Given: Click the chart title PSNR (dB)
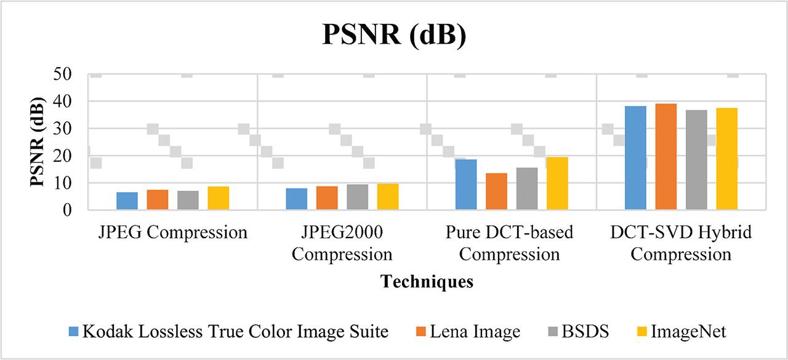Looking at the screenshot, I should point(395,35).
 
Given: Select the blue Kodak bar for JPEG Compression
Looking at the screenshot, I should point(127,201).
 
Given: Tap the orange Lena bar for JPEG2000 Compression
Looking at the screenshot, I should point(327,198).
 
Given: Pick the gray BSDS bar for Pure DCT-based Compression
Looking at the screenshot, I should point(527,188).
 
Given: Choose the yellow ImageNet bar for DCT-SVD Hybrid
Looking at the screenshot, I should point(726,159).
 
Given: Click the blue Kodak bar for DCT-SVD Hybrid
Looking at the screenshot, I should point(635,158).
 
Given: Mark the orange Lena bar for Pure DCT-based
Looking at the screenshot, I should point(496,191).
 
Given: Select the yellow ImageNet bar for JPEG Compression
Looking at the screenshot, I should point(218,198).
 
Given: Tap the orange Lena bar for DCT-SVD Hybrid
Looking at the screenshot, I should point(666,156).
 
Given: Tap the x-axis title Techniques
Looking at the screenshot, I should point(427,282).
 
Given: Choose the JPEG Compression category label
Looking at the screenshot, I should point(172,233).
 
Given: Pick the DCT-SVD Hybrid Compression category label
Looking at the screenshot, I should point(681,243).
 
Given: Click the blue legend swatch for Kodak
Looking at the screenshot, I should point(73,332).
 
